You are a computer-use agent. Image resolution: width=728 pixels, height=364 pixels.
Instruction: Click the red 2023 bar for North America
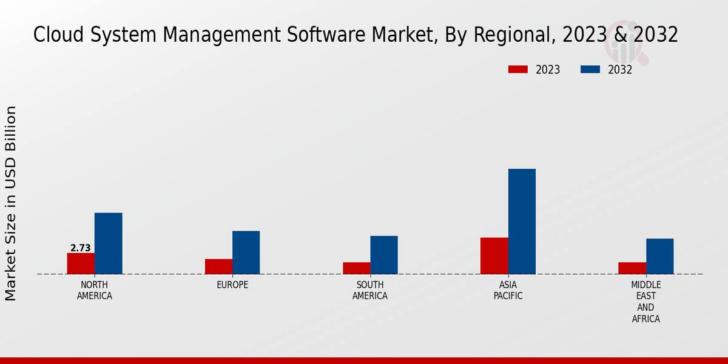(81, 263)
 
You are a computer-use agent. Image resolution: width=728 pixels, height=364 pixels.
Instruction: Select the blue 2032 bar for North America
(108, 243)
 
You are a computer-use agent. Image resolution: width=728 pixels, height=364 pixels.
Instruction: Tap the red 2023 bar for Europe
(218, 266)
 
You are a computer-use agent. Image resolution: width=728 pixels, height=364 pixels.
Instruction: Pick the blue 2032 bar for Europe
(246, 252)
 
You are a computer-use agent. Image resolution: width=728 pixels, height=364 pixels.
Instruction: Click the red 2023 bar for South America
(356, 268)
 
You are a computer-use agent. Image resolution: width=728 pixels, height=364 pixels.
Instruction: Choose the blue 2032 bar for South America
(384, 255)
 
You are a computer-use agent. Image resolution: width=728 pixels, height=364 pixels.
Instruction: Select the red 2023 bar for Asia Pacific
(494, 255)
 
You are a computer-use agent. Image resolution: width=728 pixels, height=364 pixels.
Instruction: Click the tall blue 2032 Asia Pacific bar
(522, 221)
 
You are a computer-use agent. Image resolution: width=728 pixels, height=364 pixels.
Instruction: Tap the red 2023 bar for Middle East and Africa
(632, 268)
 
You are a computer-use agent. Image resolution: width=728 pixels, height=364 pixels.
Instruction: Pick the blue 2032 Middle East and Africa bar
(659, 256)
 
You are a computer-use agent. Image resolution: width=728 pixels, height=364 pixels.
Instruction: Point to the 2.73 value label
(81, 248)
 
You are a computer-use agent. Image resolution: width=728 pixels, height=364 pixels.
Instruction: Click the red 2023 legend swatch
(517, 70)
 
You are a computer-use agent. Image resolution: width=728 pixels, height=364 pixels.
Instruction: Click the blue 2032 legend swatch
(590, 70)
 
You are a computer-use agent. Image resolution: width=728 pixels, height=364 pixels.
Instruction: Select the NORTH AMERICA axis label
(95, 291)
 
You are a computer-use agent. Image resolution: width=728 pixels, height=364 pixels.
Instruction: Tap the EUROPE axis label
(232, 285)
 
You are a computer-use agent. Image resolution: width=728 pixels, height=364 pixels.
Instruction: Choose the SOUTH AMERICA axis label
(370, 291)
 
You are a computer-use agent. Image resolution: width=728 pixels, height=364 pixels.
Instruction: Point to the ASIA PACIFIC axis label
(508, 291)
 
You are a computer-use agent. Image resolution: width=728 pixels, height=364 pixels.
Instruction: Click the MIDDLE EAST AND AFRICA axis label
(646, 302)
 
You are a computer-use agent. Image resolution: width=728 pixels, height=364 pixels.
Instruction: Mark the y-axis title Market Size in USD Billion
(11, 203)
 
